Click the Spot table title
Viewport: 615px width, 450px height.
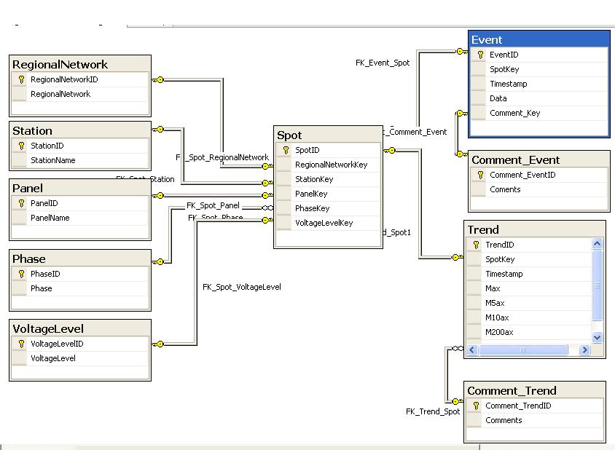(289, 135)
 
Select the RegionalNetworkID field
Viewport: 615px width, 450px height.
(64, 79)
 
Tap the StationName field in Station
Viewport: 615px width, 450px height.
(52, 160)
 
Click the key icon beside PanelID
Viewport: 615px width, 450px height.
(21, 203)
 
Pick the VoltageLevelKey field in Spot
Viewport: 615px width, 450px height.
(324, 223)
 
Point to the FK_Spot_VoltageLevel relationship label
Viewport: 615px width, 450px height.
(241, 287)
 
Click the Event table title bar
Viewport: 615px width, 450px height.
(538, 40)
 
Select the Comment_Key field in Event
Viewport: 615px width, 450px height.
(514, 113)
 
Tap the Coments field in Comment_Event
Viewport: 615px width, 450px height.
(505, 189)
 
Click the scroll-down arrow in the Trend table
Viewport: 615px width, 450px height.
(598, 337)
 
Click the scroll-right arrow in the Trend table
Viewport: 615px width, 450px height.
(584, 350)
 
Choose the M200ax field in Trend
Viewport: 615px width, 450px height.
(499, 332)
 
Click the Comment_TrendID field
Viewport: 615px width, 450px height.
(518, 406)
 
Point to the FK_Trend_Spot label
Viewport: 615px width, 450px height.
(433, 411)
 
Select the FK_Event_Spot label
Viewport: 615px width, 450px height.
(383, 63)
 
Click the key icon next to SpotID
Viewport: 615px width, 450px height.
(286, 150)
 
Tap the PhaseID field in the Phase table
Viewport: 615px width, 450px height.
(45, 274)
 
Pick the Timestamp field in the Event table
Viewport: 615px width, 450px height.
(508, 84)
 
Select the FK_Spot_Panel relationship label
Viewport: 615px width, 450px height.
(213, 205)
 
